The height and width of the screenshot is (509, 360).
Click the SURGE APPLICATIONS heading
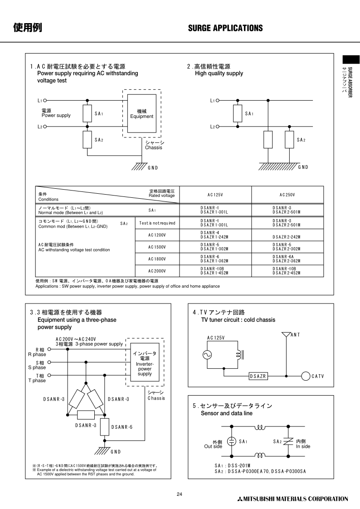click(225, 28)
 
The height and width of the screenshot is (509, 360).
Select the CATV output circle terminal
click(305, 376)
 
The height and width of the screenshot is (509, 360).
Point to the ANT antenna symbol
click(286, 336)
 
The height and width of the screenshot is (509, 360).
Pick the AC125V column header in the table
click(215, 195)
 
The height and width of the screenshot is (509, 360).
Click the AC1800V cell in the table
click(157, 259)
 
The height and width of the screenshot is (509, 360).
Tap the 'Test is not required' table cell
click(157, 223)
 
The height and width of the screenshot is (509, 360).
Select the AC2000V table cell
click(157, 271)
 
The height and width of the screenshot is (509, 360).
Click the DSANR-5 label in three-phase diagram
click(122, 427)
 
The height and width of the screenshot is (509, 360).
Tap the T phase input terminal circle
click(49, 375)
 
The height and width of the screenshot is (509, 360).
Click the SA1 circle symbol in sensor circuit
click(231, 441)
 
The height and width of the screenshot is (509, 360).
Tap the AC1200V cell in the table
click(157, 235)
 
